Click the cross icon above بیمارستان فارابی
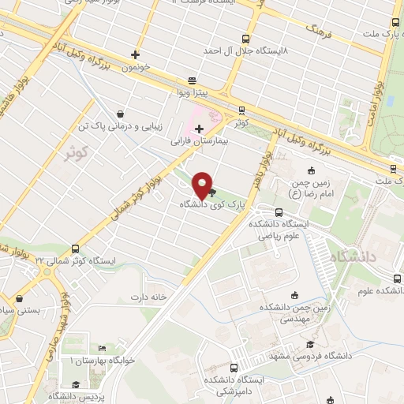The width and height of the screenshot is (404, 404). [x=199, y=128]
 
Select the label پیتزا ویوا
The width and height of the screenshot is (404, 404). [x=192, y=93]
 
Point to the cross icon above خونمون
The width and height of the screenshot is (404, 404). [x=136, y=55]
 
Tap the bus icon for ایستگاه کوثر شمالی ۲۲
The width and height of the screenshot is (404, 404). [x=75, y=248]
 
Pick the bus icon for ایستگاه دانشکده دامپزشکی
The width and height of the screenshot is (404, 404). [x=234, y=368]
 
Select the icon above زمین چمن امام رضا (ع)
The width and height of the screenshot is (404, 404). [x=311, y=170]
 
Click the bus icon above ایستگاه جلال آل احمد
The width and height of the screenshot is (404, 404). [x=245, y=38]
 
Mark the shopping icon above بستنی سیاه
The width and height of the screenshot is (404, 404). [x=18, y=299]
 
